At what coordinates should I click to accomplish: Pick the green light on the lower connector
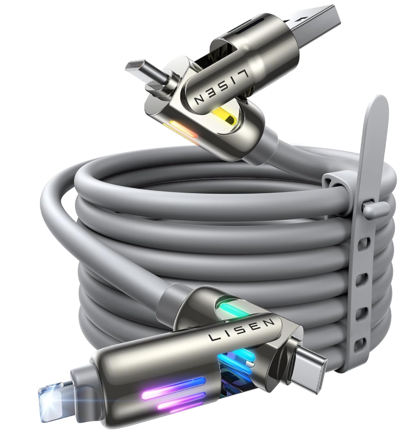[x=233, y=310]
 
